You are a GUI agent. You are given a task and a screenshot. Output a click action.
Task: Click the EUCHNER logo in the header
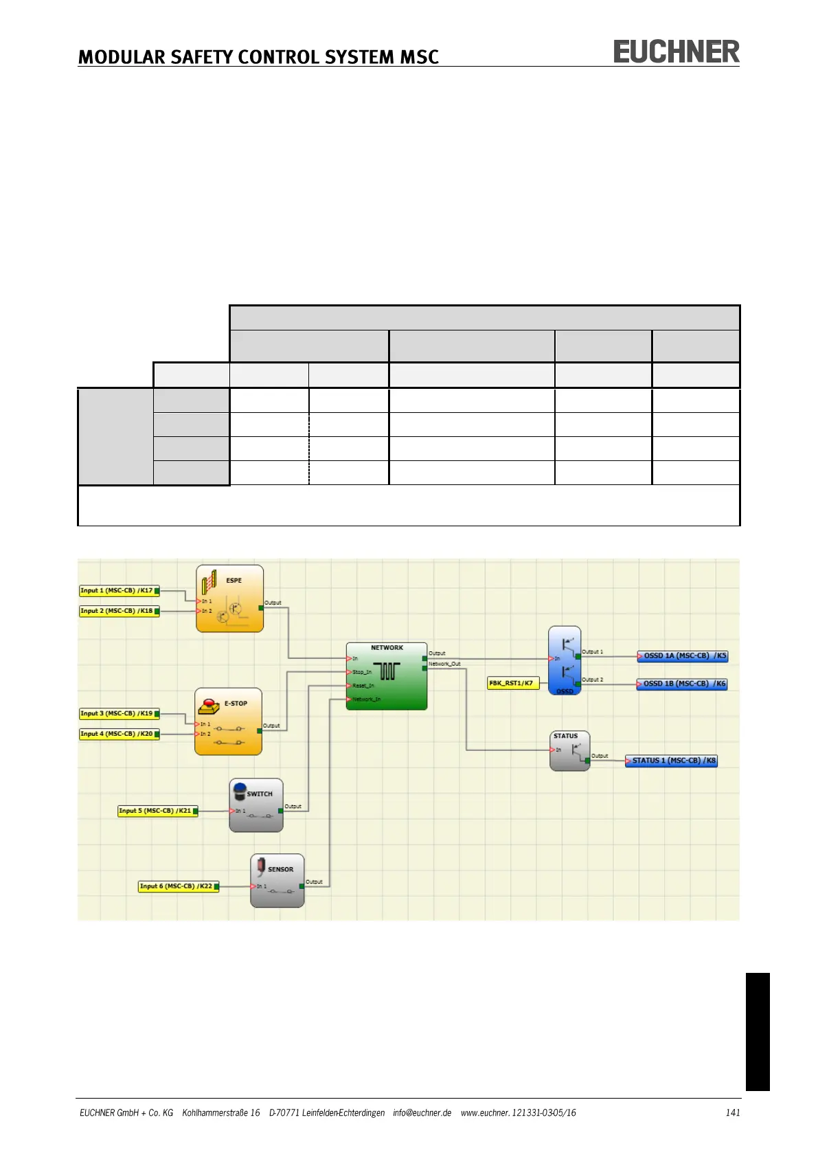676,52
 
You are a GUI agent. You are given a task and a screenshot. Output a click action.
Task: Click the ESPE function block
229,598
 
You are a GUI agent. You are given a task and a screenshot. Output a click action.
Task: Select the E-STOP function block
228,721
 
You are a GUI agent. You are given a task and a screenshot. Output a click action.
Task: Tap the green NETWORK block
387,676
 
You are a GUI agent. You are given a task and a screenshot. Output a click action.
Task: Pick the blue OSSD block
565,660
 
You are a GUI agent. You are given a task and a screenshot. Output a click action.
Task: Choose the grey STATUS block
569,750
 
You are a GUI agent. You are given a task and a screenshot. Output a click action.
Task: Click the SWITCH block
256,805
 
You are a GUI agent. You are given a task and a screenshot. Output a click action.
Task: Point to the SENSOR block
277,880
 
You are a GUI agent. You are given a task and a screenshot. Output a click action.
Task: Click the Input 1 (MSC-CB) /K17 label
118,590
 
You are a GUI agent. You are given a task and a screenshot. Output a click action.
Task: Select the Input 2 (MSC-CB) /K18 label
118,611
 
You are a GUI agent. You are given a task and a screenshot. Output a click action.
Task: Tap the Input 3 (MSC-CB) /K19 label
118,714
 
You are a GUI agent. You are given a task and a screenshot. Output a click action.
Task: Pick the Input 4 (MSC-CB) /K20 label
118,734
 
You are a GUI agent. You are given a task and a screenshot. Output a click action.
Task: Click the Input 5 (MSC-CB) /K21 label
157,811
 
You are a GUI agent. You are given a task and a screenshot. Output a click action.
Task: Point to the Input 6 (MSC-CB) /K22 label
177,886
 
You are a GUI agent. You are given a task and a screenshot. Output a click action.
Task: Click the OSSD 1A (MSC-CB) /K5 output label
683,656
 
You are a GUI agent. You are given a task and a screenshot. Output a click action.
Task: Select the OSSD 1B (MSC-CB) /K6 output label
683,684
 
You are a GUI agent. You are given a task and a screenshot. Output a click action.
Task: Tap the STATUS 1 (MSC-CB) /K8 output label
672,761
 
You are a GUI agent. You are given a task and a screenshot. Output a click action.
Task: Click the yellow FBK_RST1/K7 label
512,683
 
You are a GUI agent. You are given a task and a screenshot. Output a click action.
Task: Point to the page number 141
733,1112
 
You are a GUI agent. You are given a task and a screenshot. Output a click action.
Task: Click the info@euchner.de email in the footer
422,1112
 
